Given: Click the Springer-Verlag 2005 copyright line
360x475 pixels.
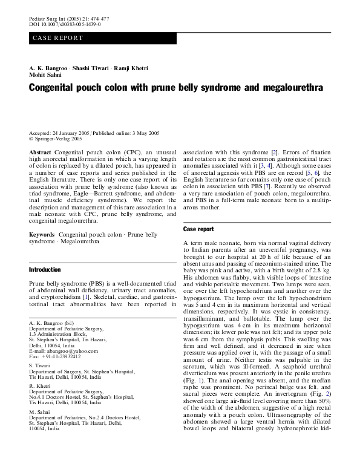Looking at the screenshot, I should click(x=57, y=138).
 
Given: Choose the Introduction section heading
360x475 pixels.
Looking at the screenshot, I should click(x=45, y=269).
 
